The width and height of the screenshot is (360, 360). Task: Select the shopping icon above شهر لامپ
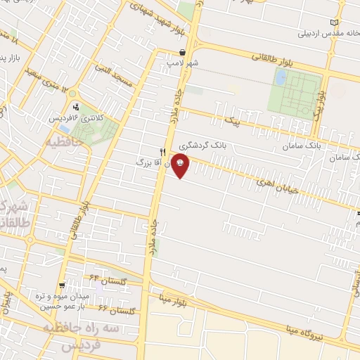click(x=183, y=52)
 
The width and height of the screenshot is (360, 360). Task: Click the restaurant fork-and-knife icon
click(x=163, y=152)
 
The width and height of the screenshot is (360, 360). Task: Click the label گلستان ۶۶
click(x=115, y=309)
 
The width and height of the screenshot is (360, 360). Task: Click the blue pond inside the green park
click(x=280, y=79)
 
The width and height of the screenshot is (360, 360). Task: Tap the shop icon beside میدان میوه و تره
click(x=63, y=285)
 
